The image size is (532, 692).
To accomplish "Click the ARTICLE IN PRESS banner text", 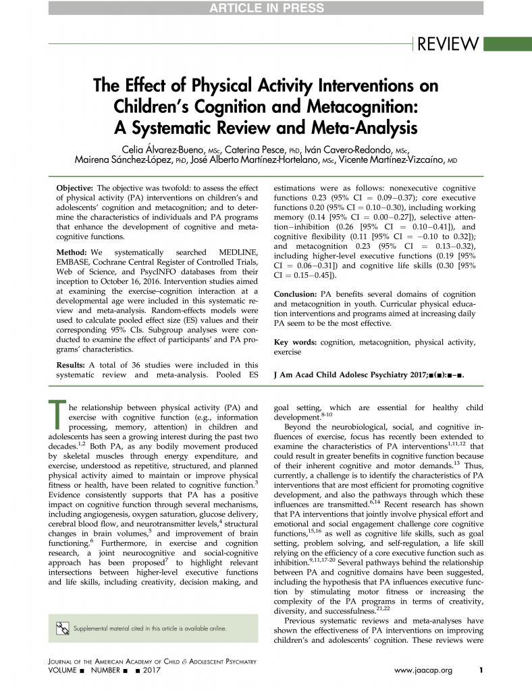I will tap(265, 8).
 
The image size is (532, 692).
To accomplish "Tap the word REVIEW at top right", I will tap(448, 44).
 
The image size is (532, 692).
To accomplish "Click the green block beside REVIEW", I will tap(508, 44).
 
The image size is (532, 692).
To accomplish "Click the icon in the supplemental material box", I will tap(63, 628).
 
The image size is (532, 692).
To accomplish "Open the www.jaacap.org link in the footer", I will tap(423, 671).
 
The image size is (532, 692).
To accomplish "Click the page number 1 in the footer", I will tap(481, 671).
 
